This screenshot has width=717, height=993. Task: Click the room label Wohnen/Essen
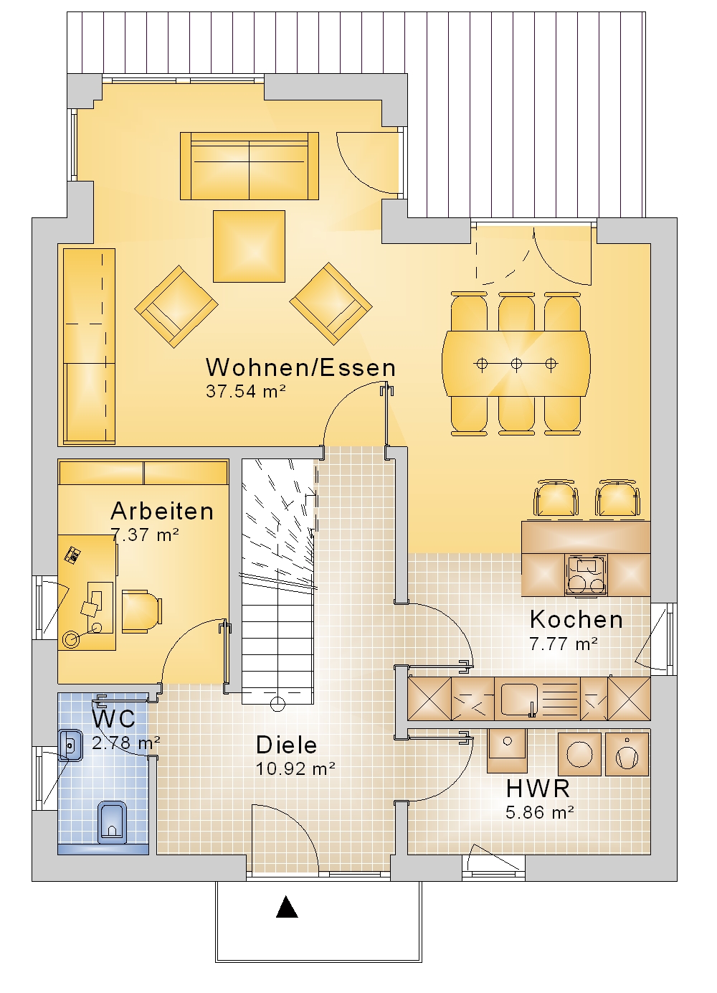[x=300, y=367]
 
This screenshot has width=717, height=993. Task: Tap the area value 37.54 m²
[x=246, y=392]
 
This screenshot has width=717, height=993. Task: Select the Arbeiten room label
[x=162, y=511]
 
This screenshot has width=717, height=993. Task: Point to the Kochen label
[x=576, y=619]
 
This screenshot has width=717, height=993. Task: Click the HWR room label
[x=538, y=789]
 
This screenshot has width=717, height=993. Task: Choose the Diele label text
[x=286, y=745]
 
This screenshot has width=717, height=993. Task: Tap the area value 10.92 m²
[x=295, y=769]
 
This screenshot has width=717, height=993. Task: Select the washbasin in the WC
[x=70, y=744]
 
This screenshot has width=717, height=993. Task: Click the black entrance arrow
[x=287, y=908]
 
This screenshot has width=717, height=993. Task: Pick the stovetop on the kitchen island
[x=587, y=575]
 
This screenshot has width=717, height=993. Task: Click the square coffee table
[x=249, y=246]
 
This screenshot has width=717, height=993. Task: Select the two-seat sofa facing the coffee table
[x=249, y=166]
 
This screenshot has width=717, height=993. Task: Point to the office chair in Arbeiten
[x=141, y=612]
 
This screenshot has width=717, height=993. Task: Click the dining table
[x=516, y=364]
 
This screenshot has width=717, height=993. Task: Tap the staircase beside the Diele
[x=277, y=574]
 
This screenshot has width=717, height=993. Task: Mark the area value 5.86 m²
[x=539, y=813]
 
